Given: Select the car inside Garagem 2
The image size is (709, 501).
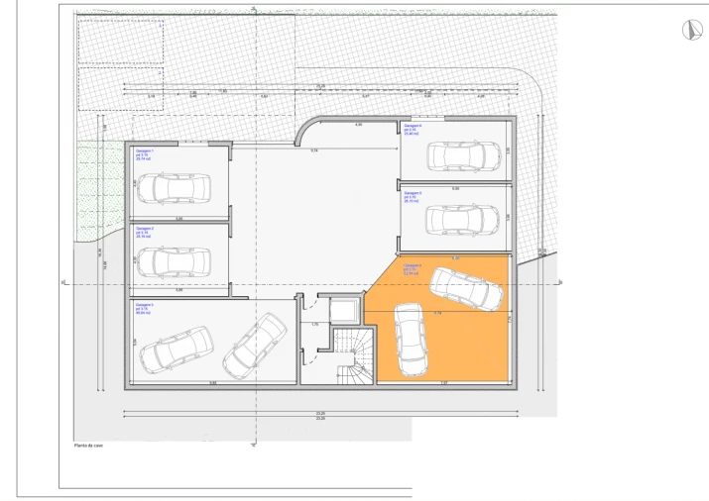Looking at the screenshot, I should click(x=174, y=261).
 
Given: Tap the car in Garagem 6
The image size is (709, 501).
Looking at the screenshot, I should click(x=463, y=156).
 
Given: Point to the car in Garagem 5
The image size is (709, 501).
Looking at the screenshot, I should click(x=462, y=217).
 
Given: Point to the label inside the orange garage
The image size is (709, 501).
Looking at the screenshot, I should click(x=413, y=267).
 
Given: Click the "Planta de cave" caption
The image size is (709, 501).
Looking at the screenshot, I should click(x=88, y=446).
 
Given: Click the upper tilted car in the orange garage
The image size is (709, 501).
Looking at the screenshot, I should click(x=467, y=287).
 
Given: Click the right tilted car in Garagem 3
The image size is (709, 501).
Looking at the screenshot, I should click(x=255, y=345).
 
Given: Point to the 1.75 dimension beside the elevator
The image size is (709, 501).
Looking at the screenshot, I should click(x=313, y=324).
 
